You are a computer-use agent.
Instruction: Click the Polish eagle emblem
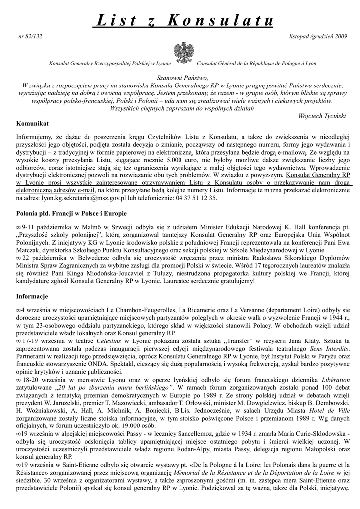tap(183, 52)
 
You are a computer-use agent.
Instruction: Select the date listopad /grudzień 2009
tap(318, 37)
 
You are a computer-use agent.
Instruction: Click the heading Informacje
tap(32, 297)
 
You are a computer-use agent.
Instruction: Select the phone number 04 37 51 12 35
tap(194, 198)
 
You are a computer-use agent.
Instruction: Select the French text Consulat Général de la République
tap(239, 64)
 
